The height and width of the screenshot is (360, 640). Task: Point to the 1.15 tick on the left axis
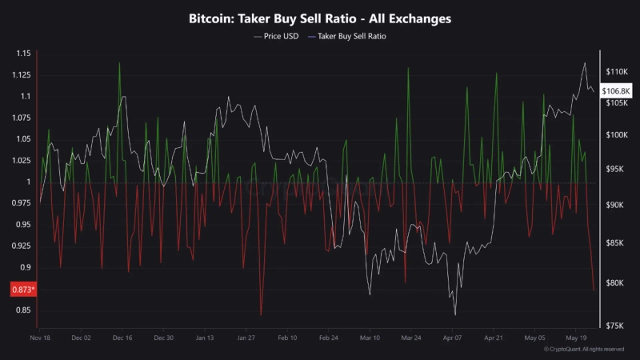coord(22,54)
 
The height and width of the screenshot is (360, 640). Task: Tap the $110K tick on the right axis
coord(617,72)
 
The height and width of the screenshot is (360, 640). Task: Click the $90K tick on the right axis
coord(617,206)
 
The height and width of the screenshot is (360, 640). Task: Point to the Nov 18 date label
coord(40,338)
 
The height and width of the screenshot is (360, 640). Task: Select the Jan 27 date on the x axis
coord(246,338)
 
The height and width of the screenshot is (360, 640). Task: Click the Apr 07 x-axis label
coord(453,338)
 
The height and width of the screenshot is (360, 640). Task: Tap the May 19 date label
coord(576,338)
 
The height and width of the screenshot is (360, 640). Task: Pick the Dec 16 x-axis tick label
coord(122,338)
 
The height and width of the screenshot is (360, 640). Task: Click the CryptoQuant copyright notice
coord(583,350)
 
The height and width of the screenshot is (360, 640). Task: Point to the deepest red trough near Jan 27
coord(261,315)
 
